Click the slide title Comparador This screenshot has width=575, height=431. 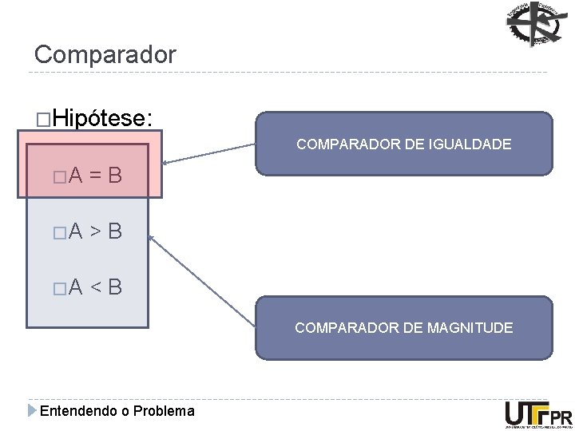[105, 55]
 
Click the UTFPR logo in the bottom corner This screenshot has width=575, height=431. [538, 414]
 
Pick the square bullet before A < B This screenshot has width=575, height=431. [56, 287]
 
